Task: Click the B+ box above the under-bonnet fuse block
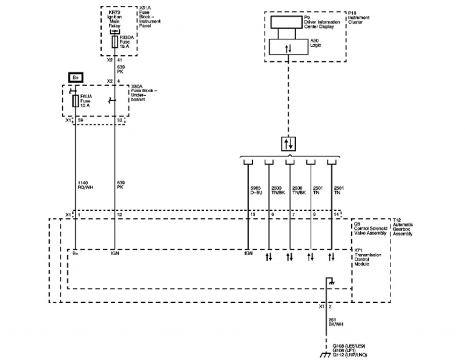click(76, 78)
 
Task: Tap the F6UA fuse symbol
click(74, 101)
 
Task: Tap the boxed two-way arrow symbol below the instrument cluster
click(289, 144)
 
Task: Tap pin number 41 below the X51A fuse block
click(120, 61)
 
